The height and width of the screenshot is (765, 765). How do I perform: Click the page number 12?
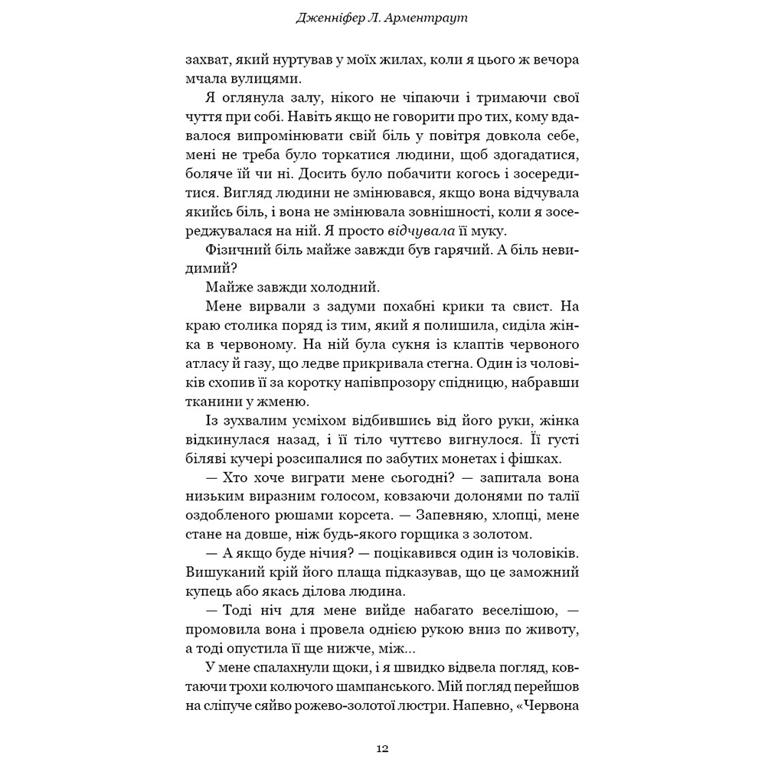(x=382, y=747)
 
